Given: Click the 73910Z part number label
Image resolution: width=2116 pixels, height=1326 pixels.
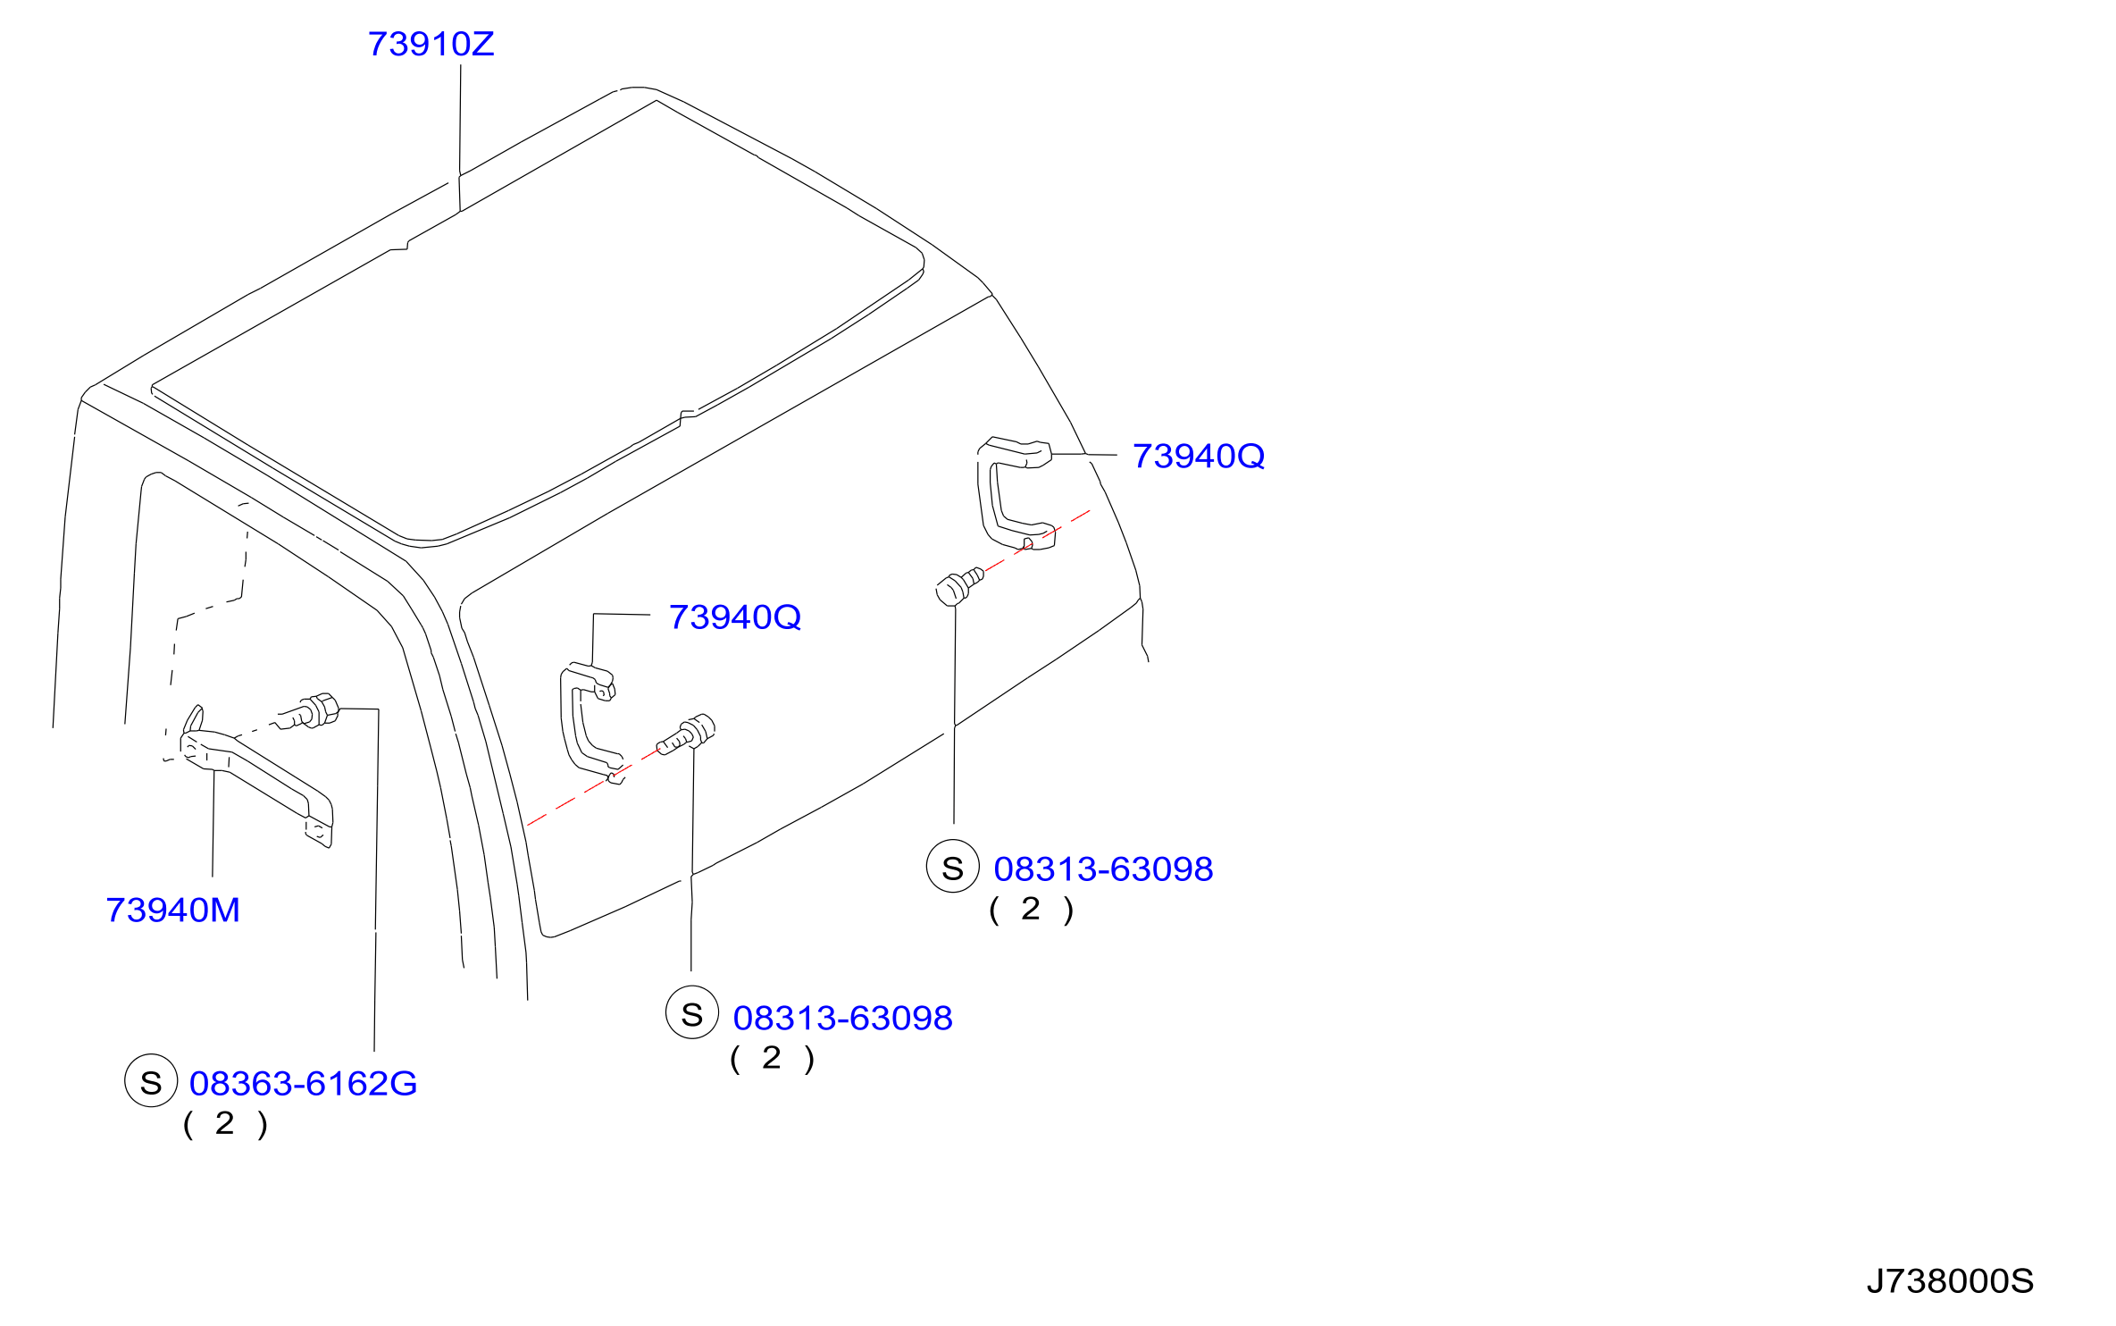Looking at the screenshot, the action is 431,44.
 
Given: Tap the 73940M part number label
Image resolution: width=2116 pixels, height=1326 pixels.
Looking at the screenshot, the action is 172,911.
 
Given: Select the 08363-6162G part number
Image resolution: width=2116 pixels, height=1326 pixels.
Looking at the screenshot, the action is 303,1084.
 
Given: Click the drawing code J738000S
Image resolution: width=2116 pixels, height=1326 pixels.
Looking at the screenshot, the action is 1950,1281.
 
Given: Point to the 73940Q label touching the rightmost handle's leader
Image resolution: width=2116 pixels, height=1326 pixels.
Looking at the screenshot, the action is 1199,457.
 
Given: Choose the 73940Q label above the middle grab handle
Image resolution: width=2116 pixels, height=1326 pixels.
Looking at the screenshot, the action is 735,617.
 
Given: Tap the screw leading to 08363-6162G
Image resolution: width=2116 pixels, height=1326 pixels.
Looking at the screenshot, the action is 309,711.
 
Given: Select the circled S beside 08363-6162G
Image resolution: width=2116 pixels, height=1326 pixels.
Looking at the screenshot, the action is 151,1081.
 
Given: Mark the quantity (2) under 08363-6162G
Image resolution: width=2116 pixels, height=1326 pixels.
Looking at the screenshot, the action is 225,1123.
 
